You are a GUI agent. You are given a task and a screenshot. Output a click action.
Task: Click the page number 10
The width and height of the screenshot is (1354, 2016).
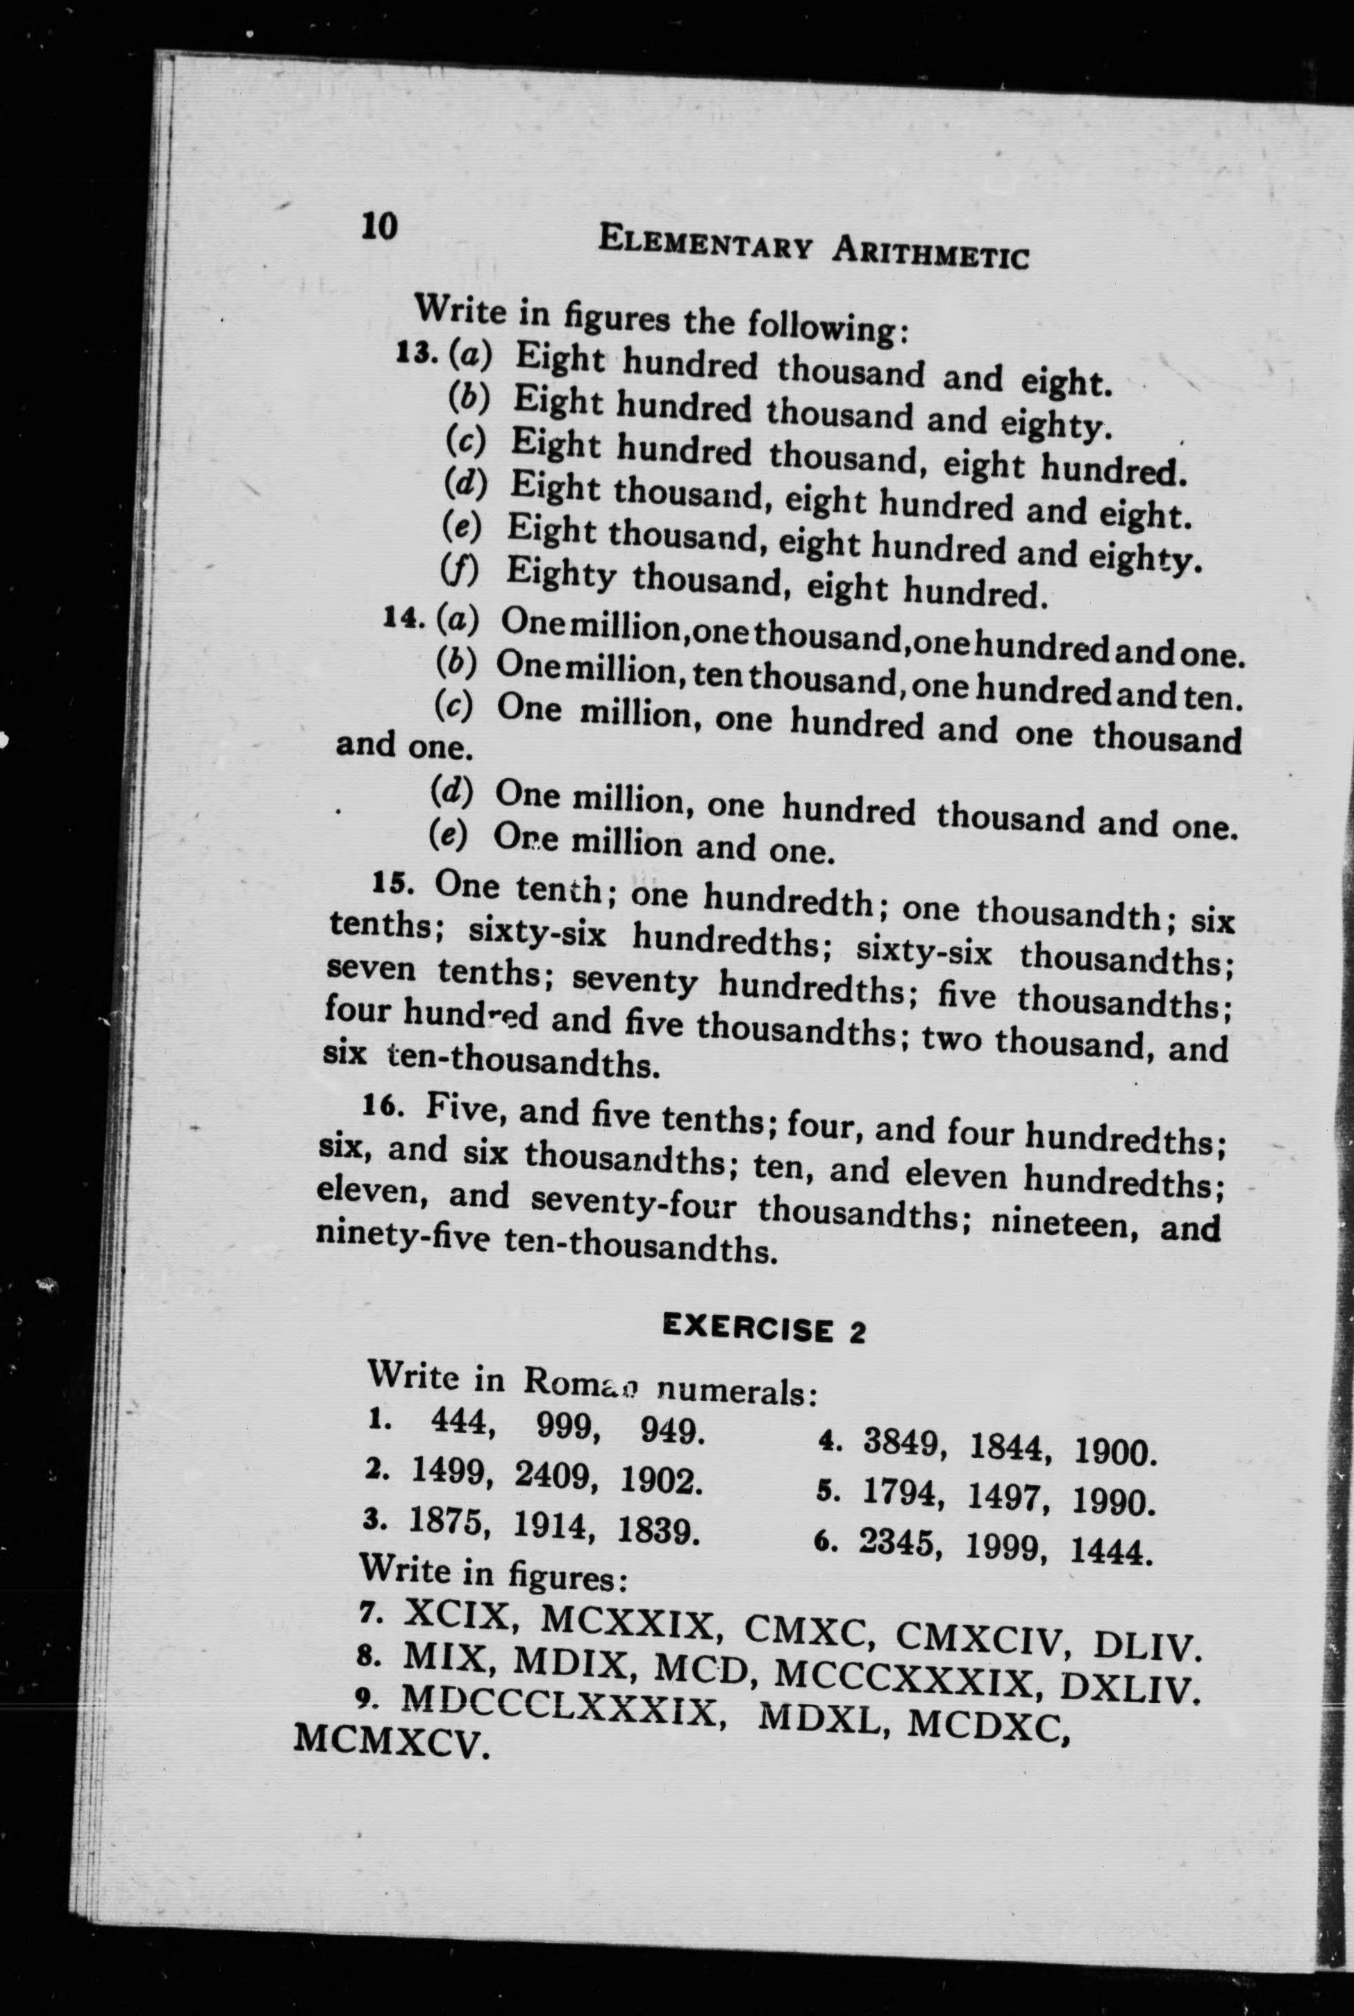tap(380, 226)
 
